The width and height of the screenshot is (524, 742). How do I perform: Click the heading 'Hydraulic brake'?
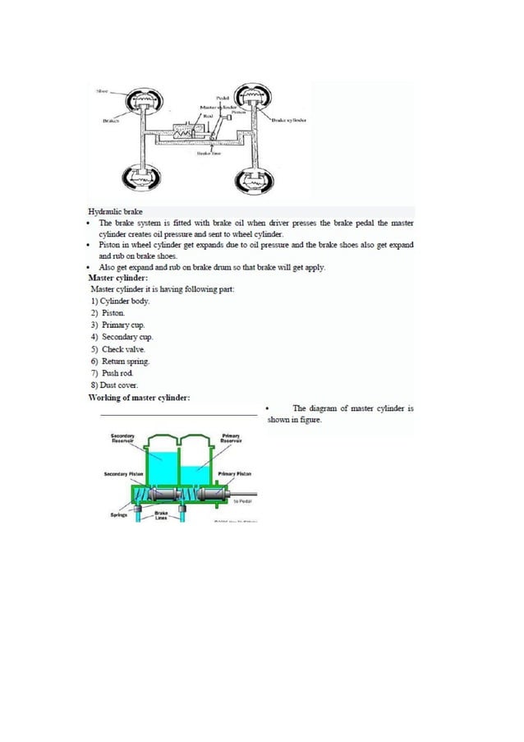115,211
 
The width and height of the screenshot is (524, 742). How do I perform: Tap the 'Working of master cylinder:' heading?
140,398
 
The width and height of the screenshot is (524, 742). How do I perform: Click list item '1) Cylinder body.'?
120,301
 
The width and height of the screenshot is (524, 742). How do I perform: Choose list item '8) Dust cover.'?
114,385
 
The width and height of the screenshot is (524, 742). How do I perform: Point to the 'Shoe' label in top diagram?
103,90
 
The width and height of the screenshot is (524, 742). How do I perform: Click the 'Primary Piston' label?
236,474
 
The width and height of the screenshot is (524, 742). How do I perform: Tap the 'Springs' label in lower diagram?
118,515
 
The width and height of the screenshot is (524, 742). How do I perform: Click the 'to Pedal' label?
241,500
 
